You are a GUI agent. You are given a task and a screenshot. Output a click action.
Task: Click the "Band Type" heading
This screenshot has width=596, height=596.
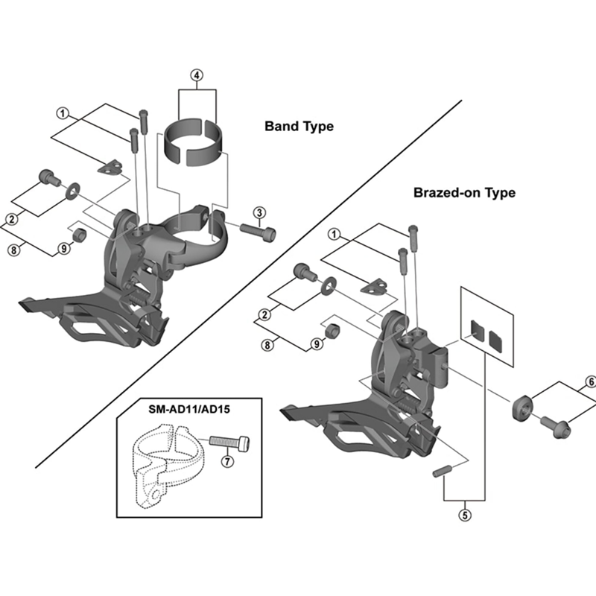299,127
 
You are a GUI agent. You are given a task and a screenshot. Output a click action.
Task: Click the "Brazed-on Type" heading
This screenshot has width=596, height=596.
464,193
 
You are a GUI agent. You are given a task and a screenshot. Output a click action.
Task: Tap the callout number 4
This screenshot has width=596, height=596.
196,75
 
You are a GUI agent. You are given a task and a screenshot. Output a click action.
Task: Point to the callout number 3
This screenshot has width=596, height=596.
258,214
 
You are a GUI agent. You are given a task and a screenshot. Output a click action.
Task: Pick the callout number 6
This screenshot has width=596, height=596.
591,382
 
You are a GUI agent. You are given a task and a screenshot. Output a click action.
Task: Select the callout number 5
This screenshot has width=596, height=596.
464,513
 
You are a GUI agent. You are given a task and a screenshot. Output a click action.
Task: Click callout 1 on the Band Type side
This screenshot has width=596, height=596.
63,113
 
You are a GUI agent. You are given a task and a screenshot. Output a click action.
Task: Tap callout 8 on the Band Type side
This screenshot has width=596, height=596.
13,249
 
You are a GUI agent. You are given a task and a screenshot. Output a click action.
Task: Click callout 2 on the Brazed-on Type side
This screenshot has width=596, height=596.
265,316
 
